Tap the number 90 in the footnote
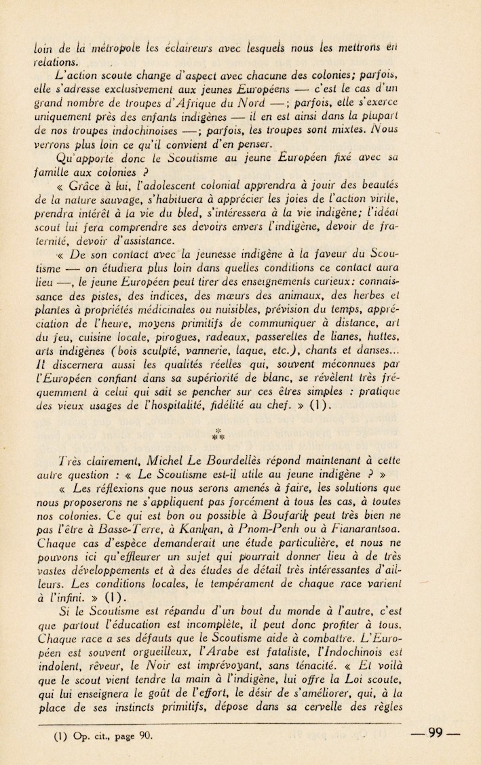pos(145,735)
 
